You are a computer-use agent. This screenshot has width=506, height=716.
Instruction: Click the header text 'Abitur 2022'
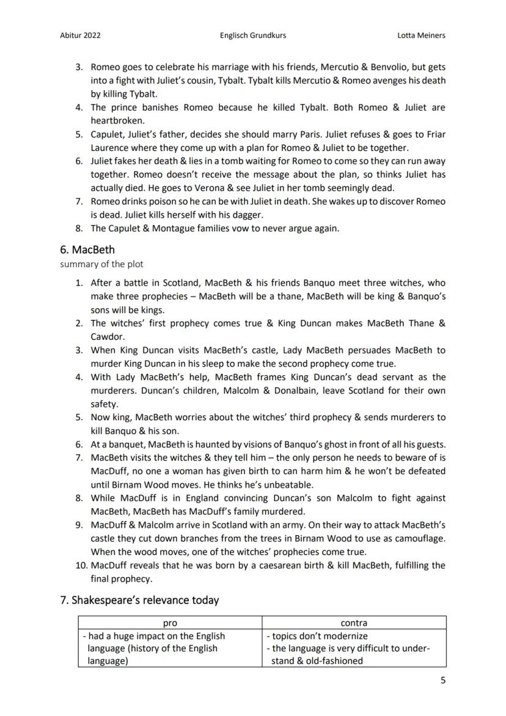(80, 35)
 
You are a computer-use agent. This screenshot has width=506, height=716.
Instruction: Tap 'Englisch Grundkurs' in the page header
(252, 35)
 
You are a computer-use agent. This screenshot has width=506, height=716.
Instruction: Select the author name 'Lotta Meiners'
(421, 35)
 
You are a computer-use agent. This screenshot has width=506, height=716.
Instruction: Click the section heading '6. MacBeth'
(87, 249)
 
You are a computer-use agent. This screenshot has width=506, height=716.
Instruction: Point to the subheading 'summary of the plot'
(101, 264)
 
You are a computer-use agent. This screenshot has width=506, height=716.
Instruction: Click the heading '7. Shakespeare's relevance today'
(139, 600)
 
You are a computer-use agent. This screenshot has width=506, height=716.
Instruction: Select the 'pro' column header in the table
(170, 623)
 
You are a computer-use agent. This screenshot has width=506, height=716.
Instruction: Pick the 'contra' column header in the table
(354, 623)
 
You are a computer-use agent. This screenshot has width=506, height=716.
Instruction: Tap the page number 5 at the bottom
(443, 681)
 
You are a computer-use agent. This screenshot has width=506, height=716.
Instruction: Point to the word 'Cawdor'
(107, 337)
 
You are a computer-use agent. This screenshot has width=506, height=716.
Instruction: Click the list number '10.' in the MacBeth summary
(81, 566)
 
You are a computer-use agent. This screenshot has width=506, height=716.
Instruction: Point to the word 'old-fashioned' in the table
(334, 661)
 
